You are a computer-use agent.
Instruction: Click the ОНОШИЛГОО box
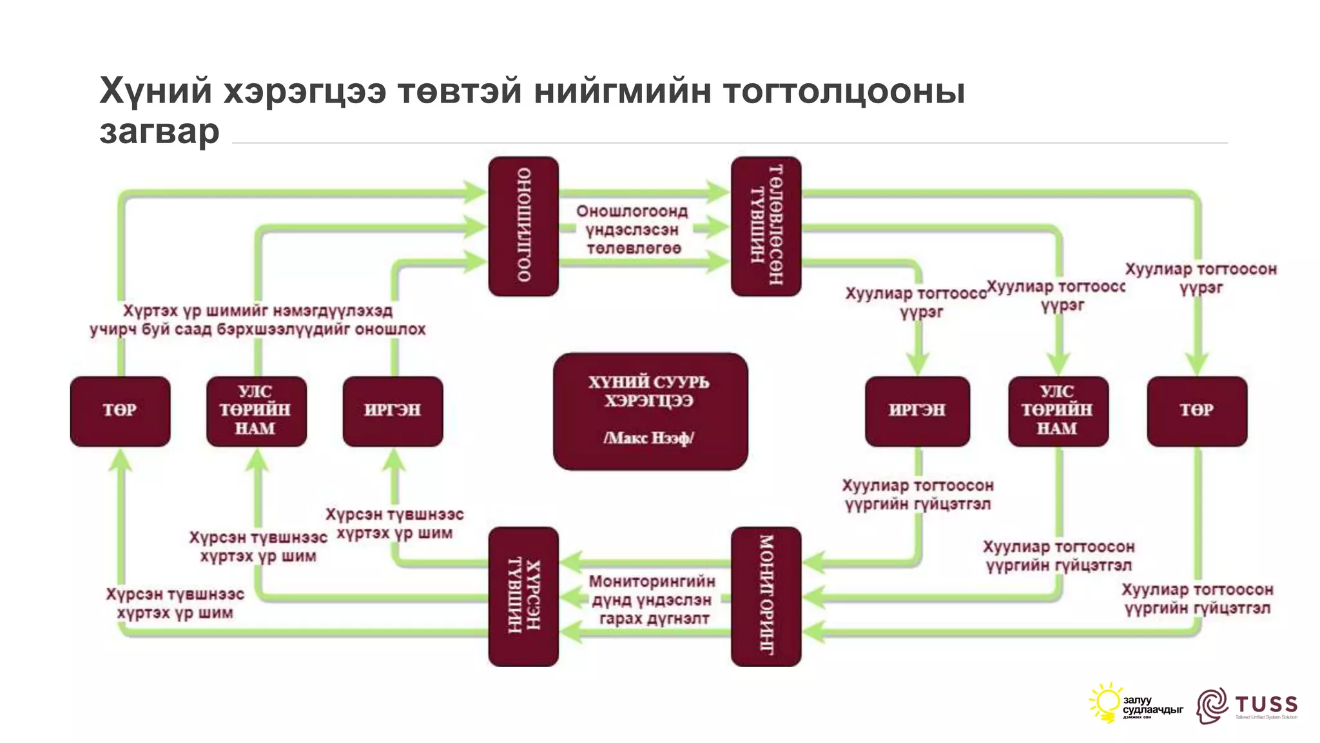point(523,226)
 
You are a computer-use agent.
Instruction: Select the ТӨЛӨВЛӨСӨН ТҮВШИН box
point(766,226)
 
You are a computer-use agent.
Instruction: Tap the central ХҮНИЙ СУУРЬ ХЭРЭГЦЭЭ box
point(650,411)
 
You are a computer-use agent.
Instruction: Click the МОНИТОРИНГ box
point(766,597)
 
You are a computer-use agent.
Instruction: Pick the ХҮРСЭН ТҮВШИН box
point(523,597)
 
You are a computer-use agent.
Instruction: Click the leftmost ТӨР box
point(120,411)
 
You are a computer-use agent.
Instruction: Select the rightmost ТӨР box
point(1197,411)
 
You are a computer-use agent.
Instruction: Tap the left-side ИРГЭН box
point(393,411)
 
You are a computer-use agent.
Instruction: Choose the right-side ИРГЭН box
point(917,411)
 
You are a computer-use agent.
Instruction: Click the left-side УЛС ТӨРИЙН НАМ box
point(256,411)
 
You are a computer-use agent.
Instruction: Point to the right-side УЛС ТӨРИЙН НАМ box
point(1058,411)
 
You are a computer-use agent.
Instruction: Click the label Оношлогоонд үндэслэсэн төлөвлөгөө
point(632,230)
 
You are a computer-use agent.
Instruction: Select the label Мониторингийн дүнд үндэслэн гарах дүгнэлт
point(652,600)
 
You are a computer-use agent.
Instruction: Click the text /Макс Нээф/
point(648,439)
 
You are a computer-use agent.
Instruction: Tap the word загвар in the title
point(160,131)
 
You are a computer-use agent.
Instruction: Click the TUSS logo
point(1247,706)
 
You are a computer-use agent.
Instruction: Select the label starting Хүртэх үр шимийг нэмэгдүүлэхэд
point(258,320)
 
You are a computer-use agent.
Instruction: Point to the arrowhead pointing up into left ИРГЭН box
point(394,459)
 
